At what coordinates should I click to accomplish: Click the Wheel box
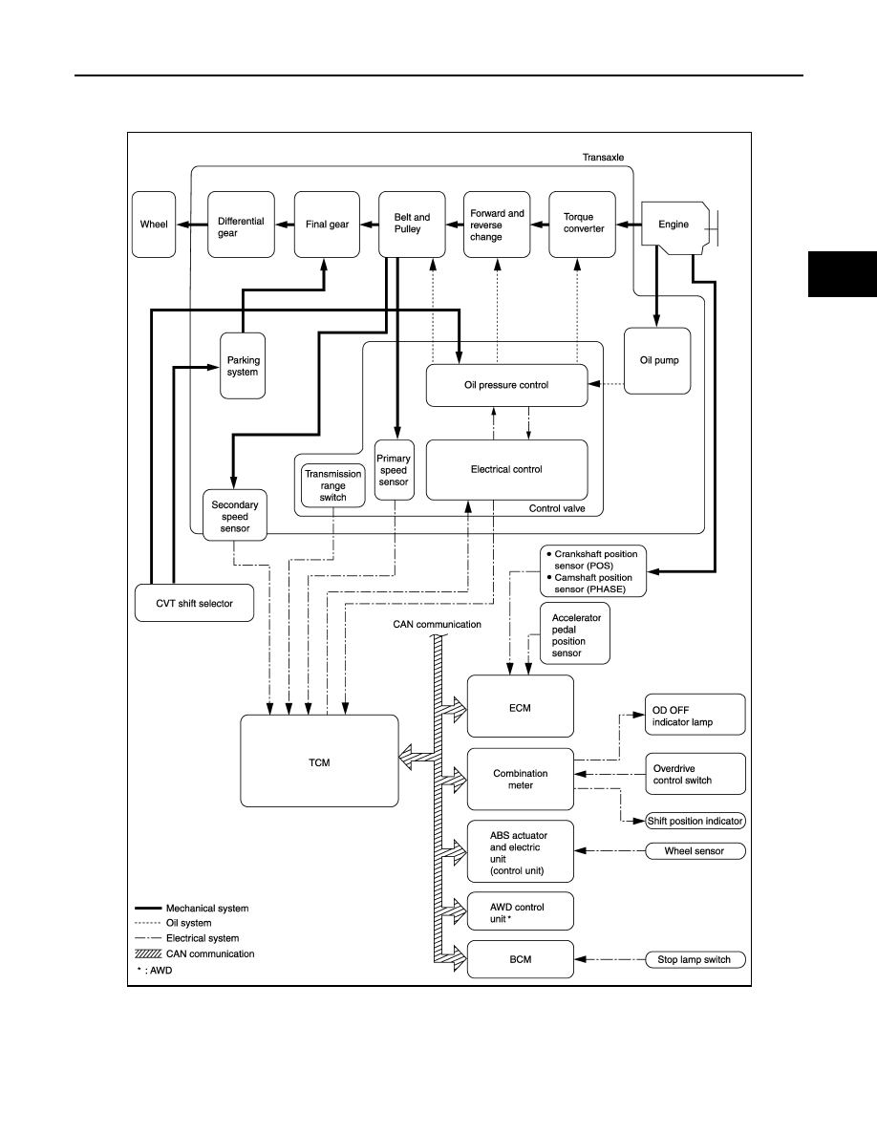coord(154,225)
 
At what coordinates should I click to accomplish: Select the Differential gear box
coord(241,225)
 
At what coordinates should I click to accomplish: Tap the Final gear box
coord(327,225)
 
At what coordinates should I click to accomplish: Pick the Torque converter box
coord(583,225)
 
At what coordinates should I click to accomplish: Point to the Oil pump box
coord(657,360)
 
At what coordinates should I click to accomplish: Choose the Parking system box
coord(243,366)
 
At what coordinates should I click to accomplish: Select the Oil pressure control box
coord(506,385)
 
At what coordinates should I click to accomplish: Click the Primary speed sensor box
coord(395,470)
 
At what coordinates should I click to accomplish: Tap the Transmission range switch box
coord(332,485)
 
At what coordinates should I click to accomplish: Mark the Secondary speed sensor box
coord(234,515)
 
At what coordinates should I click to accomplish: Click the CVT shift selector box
coord(195,603)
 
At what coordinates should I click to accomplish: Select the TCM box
coord(319,760)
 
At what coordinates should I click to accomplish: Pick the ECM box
coord(521,706)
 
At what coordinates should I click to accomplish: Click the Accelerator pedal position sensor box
coord(575,634)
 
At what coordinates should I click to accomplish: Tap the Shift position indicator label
coord(695,821)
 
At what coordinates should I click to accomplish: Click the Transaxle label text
coord(603,157)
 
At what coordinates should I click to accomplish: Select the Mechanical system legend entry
coord(192,909)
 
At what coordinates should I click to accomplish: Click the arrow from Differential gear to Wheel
coord(192,225)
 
